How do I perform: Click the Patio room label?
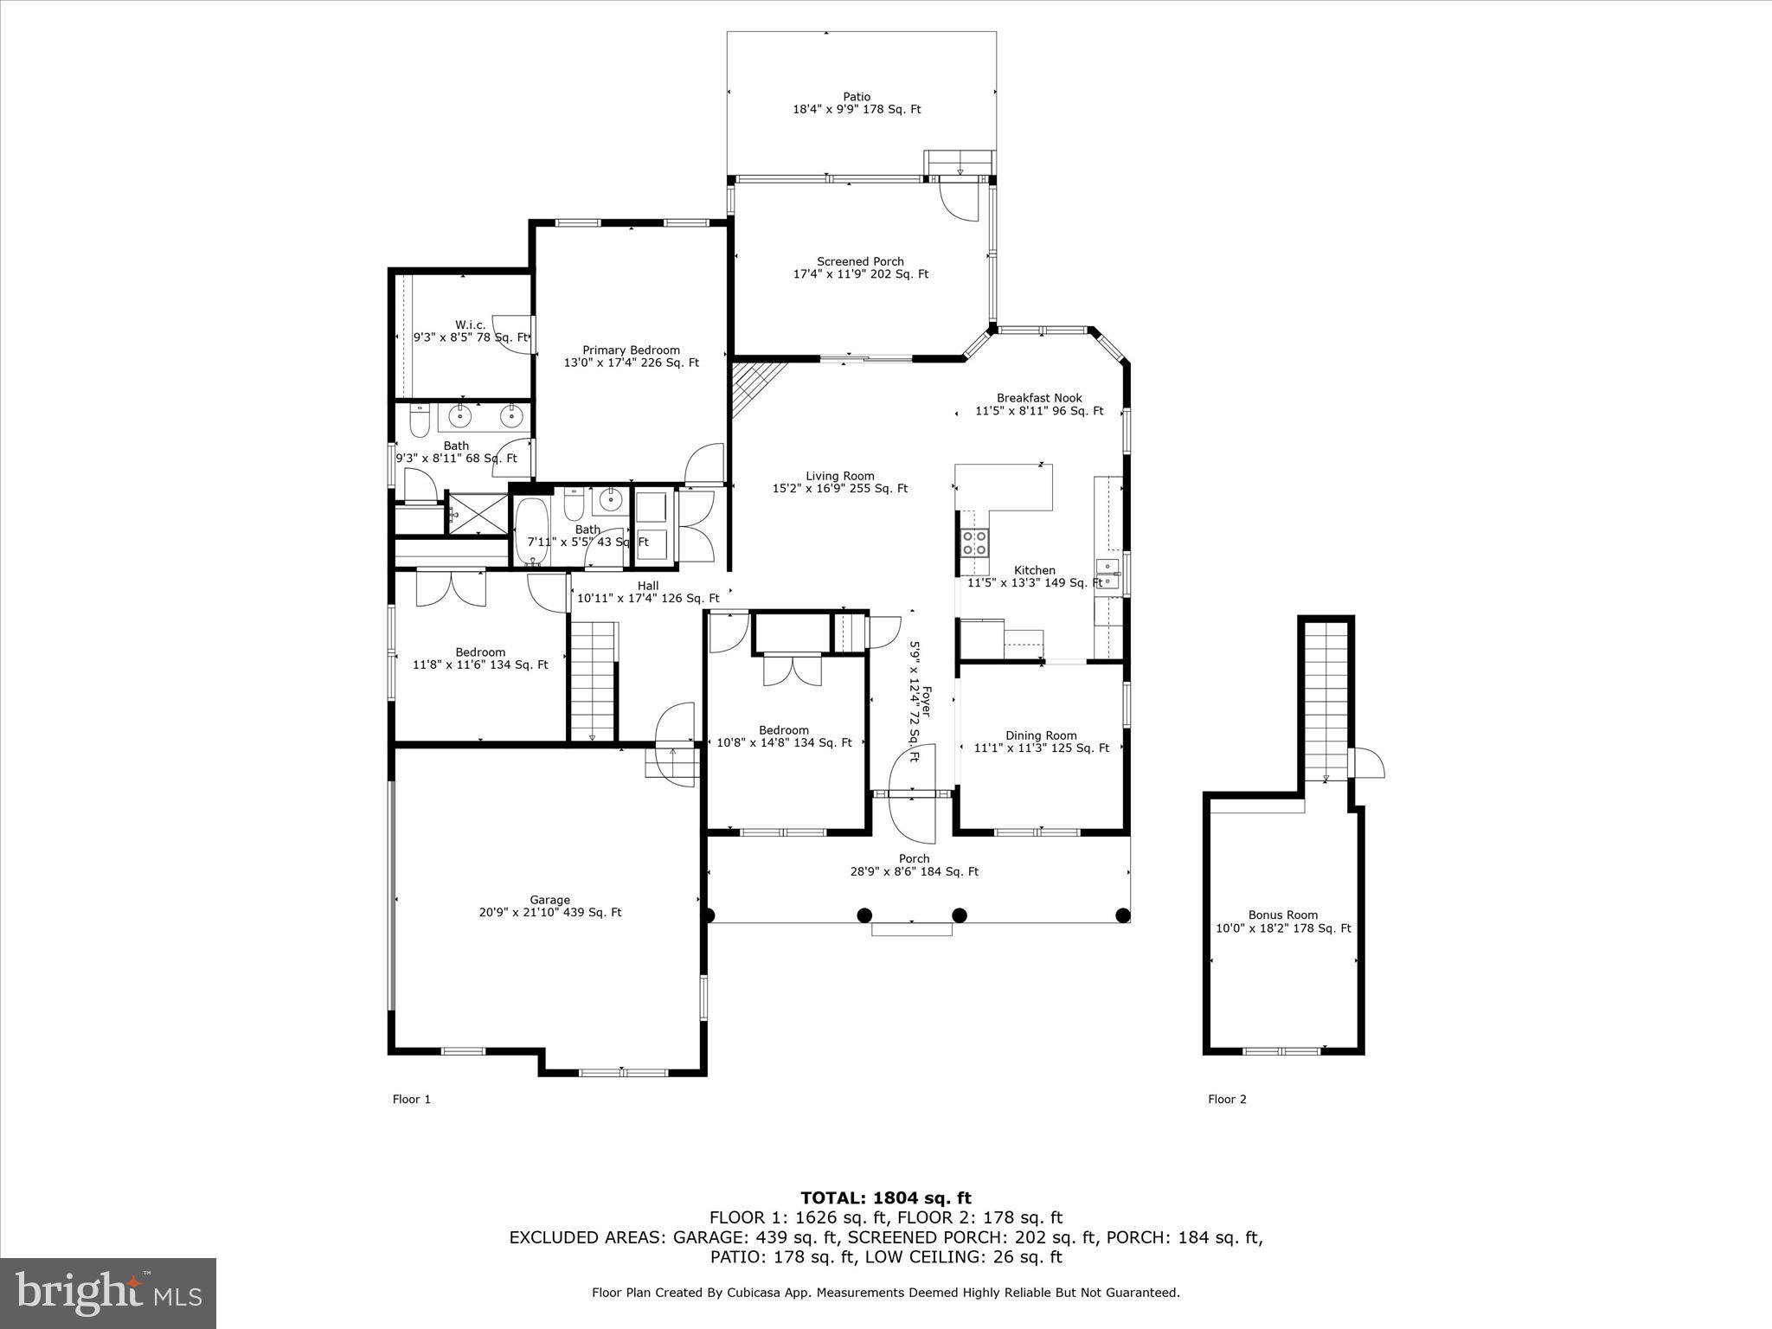pyautogui.click(x=857, y=103)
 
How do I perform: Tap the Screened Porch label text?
pyautogui.click(x=860, y=267)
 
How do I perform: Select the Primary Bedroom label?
pyautogui.click(x=631, y=356)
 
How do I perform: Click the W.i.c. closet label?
pyautogui.click(x=470, y=331)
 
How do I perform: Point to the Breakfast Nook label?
pyautogui.click(x=1038, y=404)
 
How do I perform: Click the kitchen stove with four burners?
pyautogui.click(x=974, y=543)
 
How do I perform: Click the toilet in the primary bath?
pyautogui.click(x=420, y=421)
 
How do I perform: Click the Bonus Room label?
pyautogui.click(x=1282, y=921)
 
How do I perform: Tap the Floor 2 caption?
pyautogui.click(x=1227, y=1099)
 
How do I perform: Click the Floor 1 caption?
pyautogui.click(x=411, y=1099)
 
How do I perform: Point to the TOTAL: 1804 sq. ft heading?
pyautogui.click(x=885, y=1197)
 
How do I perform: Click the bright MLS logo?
pyautogui.click(x=108, y=1293)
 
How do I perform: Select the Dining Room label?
pyautogui.click(x=1041, y=742)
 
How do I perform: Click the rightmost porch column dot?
pyautogui.click(x=1122, y=915)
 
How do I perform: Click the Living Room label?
pyautogui.click(x=839, y=482)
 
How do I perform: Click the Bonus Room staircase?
pyautogui.click(x=1326, y=701)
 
